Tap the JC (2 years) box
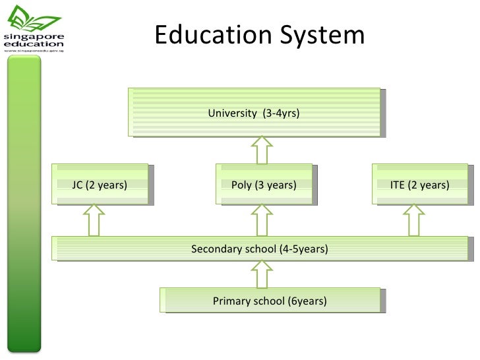(x=100, y=185)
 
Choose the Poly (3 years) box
(x=263, y=185)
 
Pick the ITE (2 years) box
(x=419, y=185)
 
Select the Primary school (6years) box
(x=270, y=301)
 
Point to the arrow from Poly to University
(x=262, y=150)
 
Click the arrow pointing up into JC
(x=94, y=220)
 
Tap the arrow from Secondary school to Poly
(x=262, y=220)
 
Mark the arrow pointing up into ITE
(x=414, y=220)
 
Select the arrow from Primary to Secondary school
(x=262, y=274)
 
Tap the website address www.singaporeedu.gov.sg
(x=34, y=51)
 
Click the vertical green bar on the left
(x=24, y=204)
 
